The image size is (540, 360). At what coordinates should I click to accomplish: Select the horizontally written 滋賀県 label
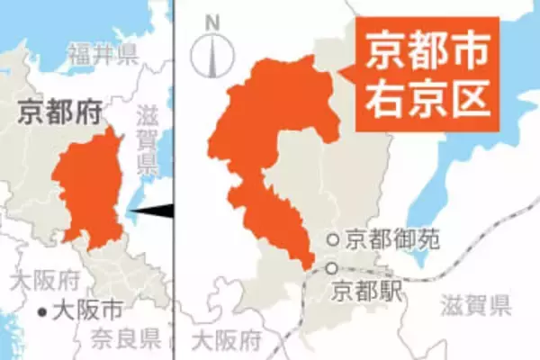point(476,305)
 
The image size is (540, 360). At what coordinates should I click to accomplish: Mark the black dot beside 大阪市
point(42,312)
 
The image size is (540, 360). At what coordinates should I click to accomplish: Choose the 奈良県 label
point(127,338)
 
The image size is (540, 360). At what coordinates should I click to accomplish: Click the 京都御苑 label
point(382,239)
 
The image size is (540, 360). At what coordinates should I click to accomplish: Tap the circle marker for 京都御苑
point(333,239)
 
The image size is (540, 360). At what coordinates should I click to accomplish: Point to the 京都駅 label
point(367,290)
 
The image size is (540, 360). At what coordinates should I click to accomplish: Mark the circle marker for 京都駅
point(333,268)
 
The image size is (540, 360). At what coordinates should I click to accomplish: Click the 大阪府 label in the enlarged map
point(227,340)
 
